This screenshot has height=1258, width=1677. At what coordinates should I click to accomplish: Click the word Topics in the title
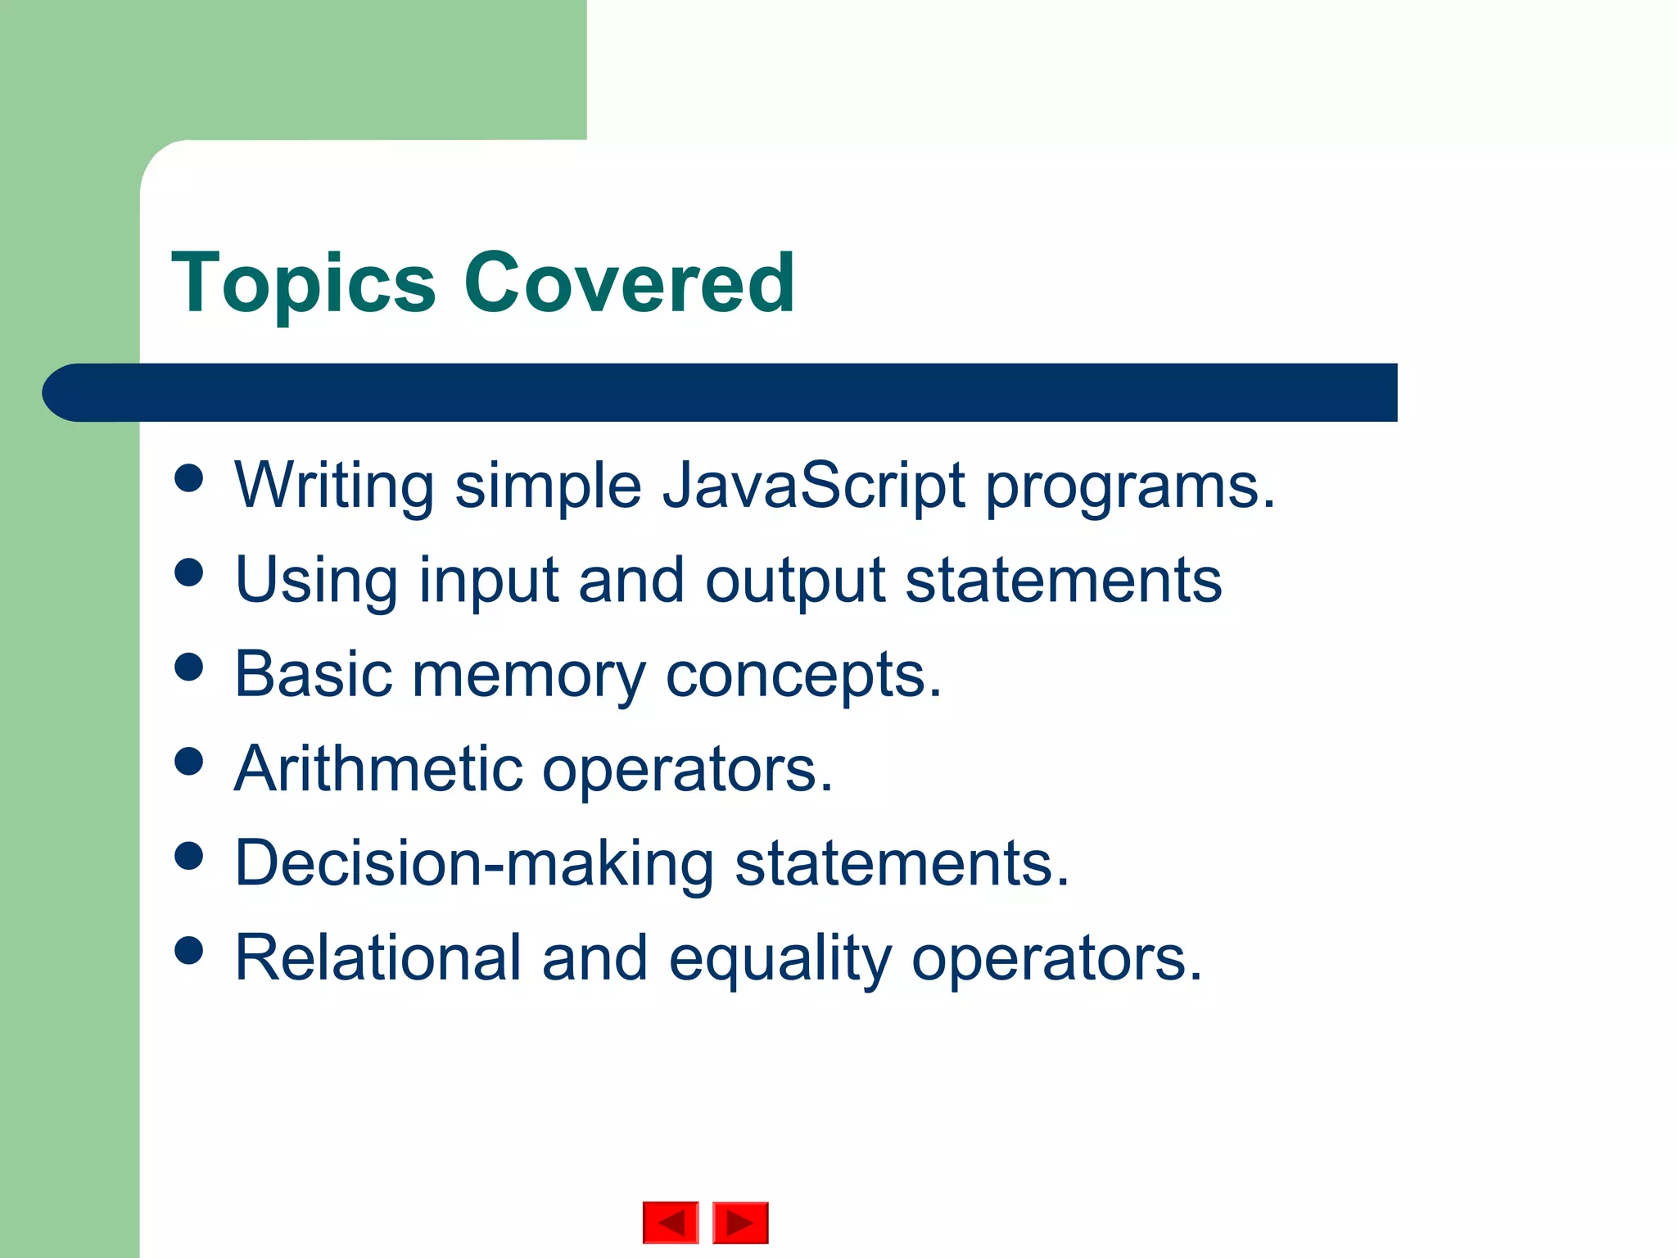click(x=303, y=284)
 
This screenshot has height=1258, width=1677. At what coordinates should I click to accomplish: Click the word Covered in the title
click(x=629, y=283)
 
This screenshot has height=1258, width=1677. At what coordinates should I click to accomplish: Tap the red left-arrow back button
click(x=671, y=1223)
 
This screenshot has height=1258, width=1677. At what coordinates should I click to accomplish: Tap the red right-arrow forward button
click(x=740, y=1223)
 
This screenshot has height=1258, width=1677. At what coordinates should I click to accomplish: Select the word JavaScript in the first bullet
click(x=813, y=486)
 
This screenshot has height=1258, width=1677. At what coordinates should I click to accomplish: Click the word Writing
click(x=334, y=486)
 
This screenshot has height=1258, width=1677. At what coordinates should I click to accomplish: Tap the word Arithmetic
click(x=378, y=769)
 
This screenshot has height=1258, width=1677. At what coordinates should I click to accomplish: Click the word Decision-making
click(x=474, y=864)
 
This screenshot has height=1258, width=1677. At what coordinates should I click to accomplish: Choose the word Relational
click(x=377, y=957)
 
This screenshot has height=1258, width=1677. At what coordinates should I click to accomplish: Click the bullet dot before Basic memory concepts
click(x=189, y=667)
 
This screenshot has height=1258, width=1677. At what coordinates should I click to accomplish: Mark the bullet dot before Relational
click(x=189, y=950)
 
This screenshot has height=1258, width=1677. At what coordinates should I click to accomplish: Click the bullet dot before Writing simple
click(x=189, y=478)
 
